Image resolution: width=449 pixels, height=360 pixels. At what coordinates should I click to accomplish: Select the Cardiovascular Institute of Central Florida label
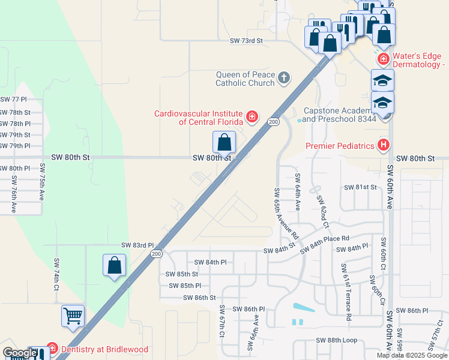pyautogui.click(x=198, y=117)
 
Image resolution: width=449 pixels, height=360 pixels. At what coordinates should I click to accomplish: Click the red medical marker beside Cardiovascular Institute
pyautogui.click(x=252, y=116)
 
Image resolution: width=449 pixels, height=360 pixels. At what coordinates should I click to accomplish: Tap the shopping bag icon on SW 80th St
pyautogui.click(x=224, y=143)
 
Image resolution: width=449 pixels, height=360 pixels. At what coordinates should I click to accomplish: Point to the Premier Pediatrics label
pyautogui.click(x=340, y=145)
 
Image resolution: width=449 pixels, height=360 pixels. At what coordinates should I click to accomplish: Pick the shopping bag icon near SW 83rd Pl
pyautogui.click(x=114, y=265)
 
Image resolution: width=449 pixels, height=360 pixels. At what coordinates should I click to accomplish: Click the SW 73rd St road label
pyautogui.click(x=247, y=41)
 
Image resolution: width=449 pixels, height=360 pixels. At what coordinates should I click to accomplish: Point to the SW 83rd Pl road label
pyautogui.click(x=137, y=245)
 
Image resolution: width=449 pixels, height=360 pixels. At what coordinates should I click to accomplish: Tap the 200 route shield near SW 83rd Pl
pyautogui.click(x=157, y=254)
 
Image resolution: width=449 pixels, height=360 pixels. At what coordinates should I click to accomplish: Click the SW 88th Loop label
pyautogui.click(x=337, y=340)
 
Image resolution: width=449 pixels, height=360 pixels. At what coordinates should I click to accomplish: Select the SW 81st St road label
pyautogui.click(x=360, y=187)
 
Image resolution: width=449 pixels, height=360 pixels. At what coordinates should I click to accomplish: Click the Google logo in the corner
pyautogui.click(x=20, y=353)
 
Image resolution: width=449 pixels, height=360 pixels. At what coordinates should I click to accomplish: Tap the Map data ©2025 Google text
pyautogui.click(x=411, y=355)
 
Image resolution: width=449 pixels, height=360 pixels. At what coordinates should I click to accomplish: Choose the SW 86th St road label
pyautogui.click(x=199, y=298)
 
